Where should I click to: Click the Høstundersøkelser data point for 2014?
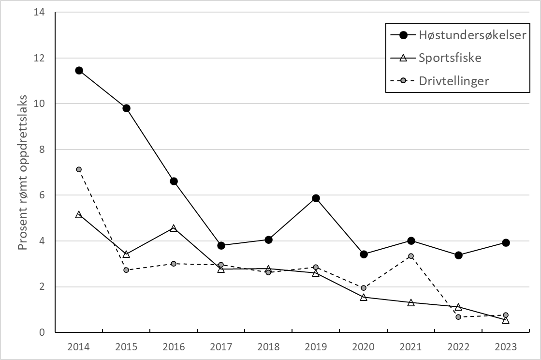[79, 70]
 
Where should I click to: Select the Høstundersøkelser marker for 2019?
[316, 198]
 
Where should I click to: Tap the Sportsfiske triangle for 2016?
[174, 228]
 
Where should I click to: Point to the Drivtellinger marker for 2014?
[79, 169]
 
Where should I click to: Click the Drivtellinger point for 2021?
[410, 256]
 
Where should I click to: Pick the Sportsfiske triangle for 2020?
[363, 297]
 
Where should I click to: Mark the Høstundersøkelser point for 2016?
[174, 181]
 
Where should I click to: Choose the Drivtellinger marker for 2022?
[458, 317]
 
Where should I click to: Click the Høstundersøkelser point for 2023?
[506, 242]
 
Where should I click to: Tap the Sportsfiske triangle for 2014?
[79, 214]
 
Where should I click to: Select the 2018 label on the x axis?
[268, 346]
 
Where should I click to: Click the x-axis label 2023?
[506, 346]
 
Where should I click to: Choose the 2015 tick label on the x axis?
[126, 346]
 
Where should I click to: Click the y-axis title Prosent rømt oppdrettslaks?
[22, 172]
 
